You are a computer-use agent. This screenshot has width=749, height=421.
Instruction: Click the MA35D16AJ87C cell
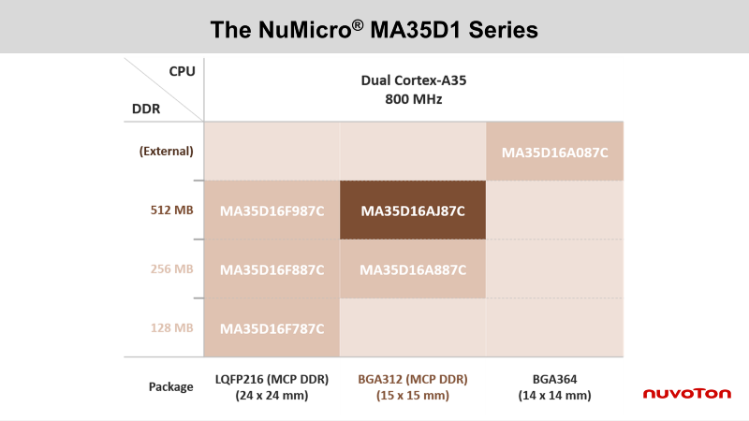pyautogui.click(x=413, y=210)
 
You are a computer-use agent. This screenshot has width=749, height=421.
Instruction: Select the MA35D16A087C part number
pyautogui.click(x=554, y=152)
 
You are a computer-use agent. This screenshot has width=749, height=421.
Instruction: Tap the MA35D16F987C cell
pyautogui.click(x=272, y=210)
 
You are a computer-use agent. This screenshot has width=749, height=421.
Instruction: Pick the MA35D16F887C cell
pyautogui.click(x=272, y=269)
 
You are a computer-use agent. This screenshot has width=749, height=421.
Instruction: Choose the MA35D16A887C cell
pyautogui.click(x=413, y=269)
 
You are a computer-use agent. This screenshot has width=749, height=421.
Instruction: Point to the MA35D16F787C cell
pyautogui.click(x=272, y=327)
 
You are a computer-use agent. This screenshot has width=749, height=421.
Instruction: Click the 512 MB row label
pyautogui.click(x=172, y=210)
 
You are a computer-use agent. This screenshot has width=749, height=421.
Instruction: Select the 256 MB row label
pyautogui.click(x=172, y=269)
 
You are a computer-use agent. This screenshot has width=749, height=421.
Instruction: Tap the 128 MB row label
pyautogui.click(x=172, y=328)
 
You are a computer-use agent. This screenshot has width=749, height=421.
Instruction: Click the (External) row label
pyautogui.click(x=167, y=152)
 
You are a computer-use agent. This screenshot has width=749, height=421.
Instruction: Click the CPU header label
pyautogui.click(x=182, y=71)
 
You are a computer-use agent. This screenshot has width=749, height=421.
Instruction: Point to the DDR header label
pyautogui.click(x=146, y=109)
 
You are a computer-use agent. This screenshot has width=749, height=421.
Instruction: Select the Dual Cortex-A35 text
pyautogui.click(x=414, y=80)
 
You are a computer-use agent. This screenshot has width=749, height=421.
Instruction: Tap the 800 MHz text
pyautogui.click(x=414, y=99)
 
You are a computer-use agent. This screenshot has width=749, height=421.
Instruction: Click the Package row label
pyautogui.click(x=171, y=386)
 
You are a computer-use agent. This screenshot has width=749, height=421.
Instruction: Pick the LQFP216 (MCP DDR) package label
pyautogui.click(x=272, y=380)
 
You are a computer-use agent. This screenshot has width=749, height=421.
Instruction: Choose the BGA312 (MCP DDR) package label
pyautogui.click(x=413, y=380)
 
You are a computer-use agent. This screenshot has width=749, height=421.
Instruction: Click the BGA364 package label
pyautogui.click(x=554, y=379)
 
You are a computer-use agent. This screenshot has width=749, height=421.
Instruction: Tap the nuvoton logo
pyautogui.click(x=687, y=393)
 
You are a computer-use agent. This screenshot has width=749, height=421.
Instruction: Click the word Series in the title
pyautogui.click(x=503, y=30)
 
